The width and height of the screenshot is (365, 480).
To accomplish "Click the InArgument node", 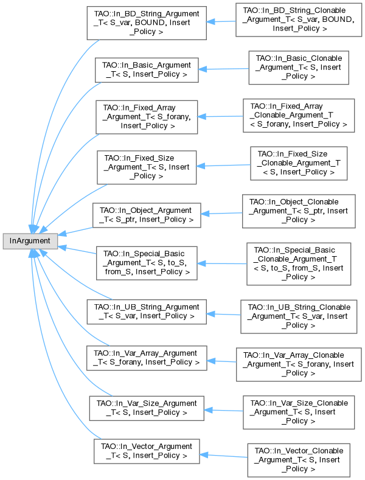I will pos(30,240).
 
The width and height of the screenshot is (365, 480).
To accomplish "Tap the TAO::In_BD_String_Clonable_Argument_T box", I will pos(296,23).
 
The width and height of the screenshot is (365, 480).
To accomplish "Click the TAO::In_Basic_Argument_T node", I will pos(146,70).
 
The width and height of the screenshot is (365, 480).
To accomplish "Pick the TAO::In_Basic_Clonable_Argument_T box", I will pos(298,67).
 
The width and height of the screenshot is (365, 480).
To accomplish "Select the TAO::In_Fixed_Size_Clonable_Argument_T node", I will pos(297,163).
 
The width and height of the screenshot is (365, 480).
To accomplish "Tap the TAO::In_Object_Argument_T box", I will pos(147,215).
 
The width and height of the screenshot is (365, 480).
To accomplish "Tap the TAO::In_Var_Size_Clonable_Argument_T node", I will pos(296,412).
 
